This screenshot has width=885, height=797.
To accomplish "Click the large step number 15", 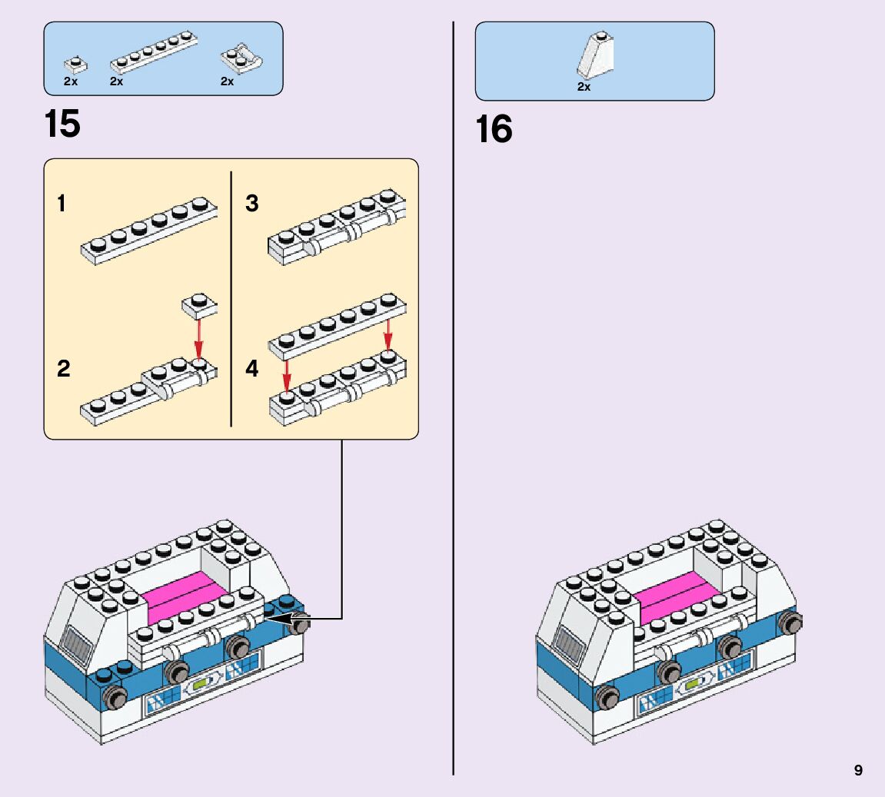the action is tap(62, 124).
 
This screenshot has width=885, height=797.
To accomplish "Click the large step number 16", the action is tap(494, 129).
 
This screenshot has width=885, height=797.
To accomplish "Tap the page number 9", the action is tap(858, 770).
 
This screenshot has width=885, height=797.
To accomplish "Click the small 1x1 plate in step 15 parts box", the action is tap(75, 63).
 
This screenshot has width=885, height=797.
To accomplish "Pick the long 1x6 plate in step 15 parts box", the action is tap(153, 52).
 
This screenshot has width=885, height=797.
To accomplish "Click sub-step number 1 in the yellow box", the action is tap(62, 204).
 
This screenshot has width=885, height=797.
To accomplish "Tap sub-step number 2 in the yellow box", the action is tap(63, 369).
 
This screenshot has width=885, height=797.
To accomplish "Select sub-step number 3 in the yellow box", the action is tap(252, 204).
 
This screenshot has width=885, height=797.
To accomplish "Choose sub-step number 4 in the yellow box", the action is tap(252, 369).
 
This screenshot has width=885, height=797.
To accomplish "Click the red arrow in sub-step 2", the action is tap(198, 338).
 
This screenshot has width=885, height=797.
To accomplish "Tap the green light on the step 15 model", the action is tap(202, 683).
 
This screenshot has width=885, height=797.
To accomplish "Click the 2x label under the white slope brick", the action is tap(584, 87).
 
